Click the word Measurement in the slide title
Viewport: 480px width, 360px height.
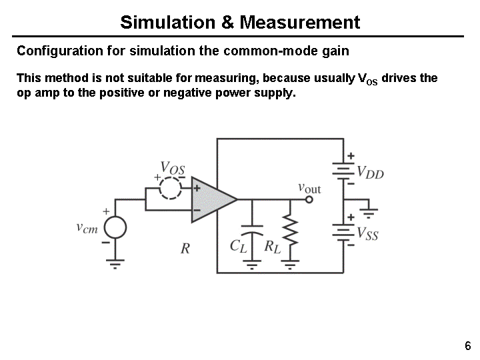point(299,23)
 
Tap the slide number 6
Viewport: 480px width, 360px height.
point(467,346)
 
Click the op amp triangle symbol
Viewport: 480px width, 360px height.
point(212,199)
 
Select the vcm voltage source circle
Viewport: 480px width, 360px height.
point(115,228)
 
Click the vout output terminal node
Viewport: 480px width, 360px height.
point(309,199)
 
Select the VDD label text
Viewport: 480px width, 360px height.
point(371,173)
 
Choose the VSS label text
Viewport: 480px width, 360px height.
point(368,233)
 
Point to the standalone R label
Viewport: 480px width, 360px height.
point(185,249)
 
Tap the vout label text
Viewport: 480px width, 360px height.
point(309,188)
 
